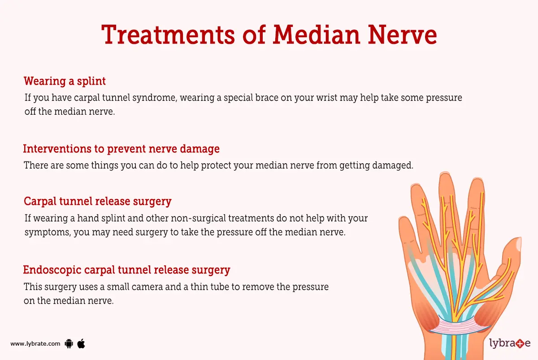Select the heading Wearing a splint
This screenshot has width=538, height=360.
pyautogui.click(x=65, y=81)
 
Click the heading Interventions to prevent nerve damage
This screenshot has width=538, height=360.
pyautogui.click(x=121, y=148)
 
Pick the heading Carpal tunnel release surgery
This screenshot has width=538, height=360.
pyautogui.click(x=98, y=201)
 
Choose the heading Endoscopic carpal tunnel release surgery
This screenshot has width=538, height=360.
pyautogui.click(x=126, y=270)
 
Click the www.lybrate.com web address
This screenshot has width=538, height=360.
pyautogui.click(x=35, y=344)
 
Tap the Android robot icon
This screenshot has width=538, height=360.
pyautogui.click(x=69, y=344)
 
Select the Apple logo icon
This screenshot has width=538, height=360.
pyautogui.click(x=81, y=344)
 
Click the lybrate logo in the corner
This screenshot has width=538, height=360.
pyautogui.click(x=509, y=344)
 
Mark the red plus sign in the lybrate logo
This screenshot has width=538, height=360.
pyautogui.click(x=519, y=344)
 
